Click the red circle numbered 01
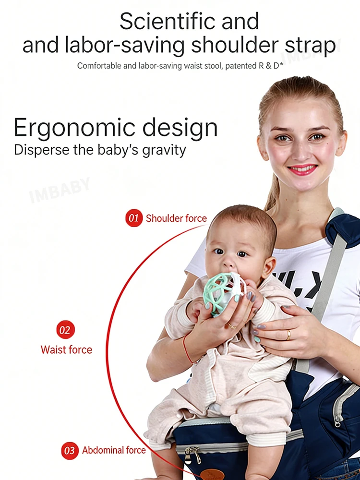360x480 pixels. [134, 218]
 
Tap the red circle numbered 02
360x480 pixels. [65, 330]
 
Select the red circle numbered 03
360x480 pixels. [70, 451]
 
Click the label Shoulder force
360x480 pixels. [176, 218]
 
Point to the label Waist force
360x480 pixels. [66, 349]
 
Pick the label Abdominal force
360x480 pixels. [114, 450]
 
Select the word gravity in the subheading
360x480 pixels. [164, 151]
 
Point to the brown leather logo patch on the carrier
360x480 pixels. [212, 474]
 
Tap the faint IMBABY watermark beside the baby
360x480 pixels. [60, 190]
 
